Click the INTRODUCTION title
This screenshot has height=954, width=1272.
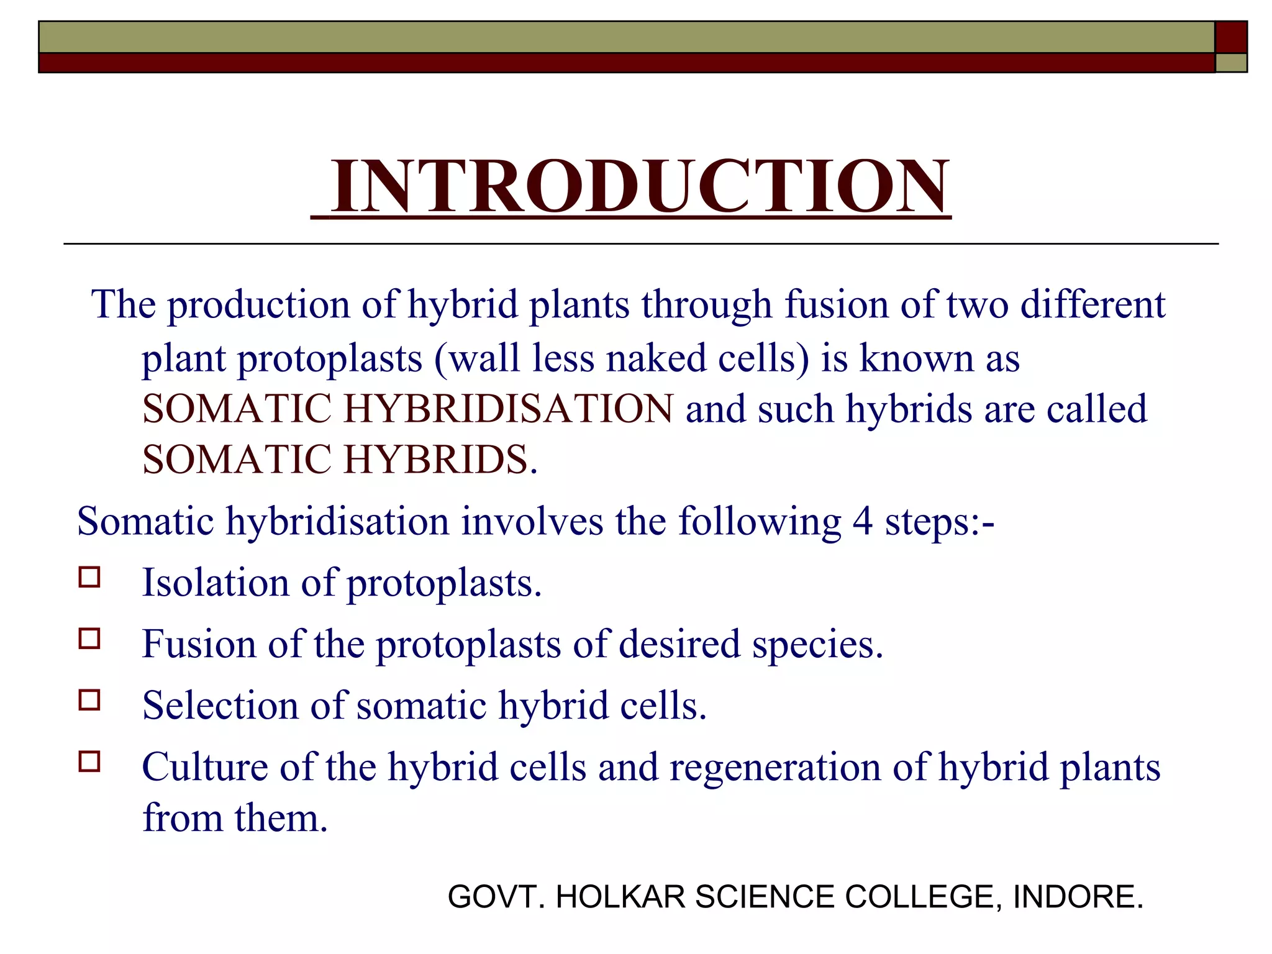(x=640, y=186)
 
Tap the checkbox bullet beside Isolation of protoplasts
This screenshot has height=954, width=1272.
(x=89, y=577)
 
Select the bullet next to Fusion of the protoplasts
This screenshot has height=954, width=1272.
(x=89, y=638)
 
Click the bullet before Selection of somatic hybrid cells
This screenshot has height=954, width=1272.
(x=89, y=700)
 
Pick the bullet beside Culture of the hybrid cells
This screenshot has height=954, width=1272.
(x=89, y=761)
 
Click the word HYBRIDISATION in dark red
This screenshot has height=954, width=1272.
(x=508, y=409)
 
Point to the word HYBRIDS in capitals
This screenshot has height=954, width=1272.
(x=435, y=460)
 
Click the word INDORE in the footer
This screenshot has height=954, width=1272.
(x=1077, y=897)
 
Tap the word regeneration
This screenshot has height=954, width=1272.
(x=775, y=767)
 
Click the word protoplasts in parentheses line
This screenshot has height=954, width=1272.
(x=330, y=360)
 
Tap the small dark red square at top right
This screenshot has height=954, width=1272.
(x=1230, y=37)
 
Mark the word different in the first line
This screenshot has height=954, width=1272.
(x=1093, y=305)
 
